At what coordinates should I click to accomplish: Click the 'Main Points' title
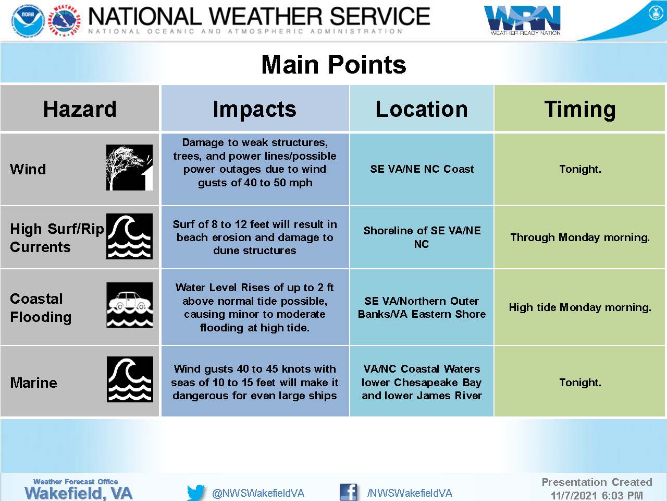[x=333, y=65]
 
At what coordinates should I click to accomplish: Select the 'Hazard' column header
[x=80, y=109]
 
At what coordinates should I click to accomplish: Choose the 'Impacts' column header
[x=255, y=109]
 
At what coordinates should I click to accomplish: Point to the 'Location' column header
[x=422, y=109]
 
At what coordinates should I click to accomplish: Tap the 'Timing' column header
[x=580, y=110]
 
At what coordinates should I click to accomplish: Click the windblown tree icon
[x=129, y=168]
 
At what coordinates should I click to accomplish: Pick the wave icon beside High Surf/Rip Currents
[x=129, y=236]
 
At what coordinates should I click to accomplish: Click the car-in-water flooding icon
[x=129, y=305]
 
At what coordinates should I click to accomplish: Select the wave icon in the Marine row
[x=130, y=379]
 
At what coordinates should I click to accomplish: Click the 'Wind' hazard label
[x=28, y=169]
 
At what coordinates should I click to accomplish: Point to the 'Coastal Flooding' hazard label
[x=41, y=308]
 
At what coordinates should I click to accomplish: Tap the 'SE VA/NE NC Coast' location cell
[x=422, y=169]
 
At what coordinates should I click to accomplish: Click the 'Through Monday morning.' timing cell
[x=580, y=237]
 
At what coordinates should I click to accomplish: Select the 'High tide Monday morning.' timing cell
[x=580, y=307]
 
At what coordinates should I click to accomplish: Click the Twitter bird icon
[x=196, y=492]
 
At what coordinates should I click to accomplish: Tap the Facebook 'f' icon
[x=348, y=492]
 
